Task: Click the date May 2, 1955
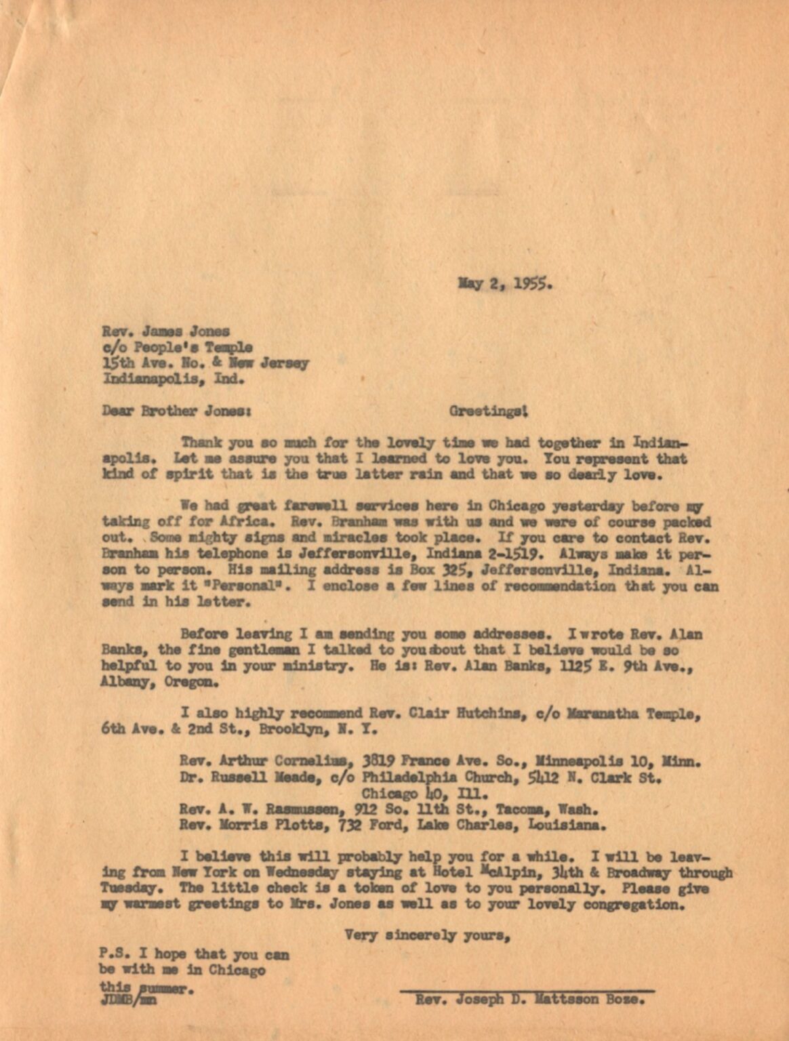point(506,284)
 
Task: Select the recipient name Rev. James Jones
point(166,331)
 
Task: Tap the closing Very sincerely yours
point(427,936)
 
